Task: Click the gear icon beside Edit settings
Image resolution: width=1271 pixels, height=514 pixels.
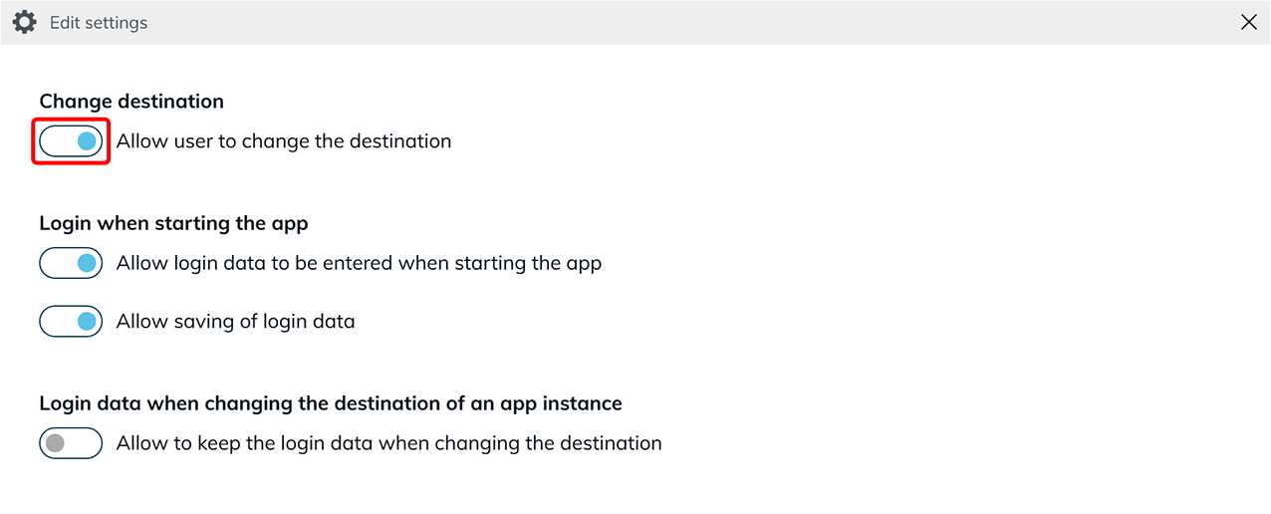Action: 24,22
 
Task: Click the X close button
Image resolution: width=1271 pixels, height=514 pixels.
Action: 1248,22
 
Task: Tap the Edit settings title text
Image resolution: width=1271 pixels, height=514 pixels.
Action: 99,23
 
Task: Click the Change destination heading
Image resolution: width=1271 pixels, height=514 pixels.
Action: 131,101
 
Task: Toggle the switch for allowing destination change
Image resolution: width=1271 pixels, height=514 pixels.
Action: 71,140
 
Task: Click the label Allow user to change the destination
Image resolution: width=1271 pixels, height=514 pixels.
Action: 284,141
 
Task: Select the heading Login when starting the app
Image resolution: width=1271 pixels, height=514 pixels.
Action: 173,223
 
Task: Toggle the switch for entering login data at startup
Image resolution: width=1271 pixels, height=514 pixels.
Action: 71,263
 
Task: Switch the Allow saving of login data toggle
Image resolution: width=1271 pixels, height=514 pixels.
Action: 71,321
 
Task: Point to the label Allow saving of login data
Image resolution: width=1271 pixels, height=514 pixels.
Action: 235,322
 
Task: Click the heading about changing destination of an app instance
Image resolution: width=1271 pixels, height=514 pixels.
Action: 331,403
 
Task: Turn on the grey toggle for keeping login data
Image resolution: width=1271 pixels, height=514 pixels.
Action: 71,443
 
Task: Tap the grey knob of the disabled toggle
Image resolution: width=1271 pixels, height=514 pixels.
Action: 55,443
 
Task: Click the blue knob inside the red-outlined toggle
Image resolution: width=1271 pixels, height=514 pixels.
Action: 87,140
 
